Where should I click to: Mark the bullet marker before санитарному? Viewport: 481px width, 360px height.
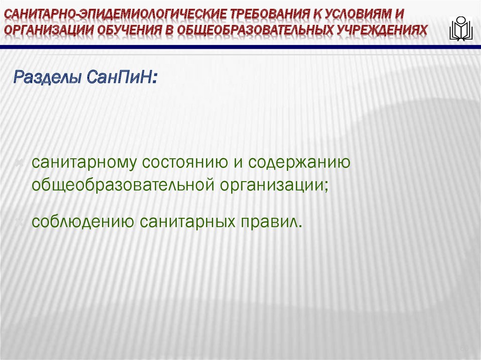click(21, 163)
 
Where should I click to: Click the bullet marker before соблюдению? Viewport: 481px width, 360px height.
click(21, 221)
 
